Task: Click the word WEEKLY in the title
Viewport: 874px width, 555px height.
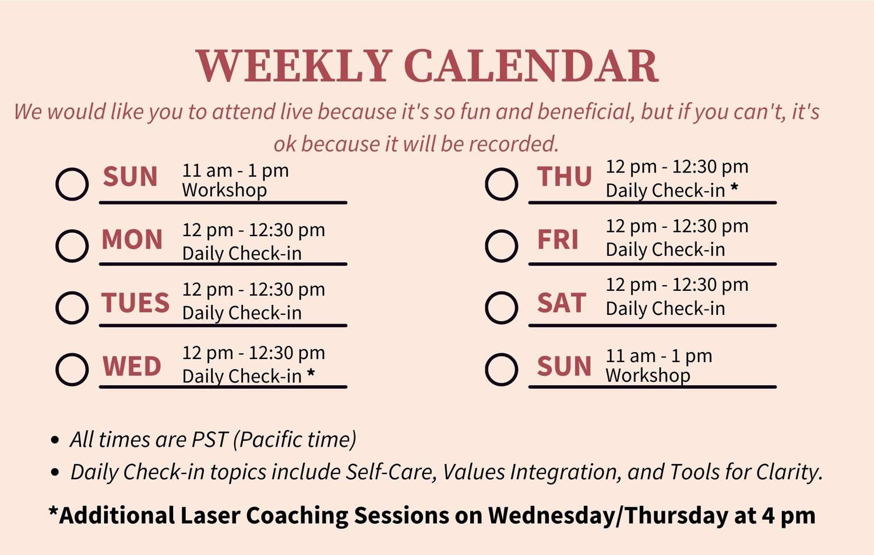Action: [294, 66]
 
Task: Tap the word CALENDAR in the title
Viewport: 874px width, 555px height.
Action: [531, 66]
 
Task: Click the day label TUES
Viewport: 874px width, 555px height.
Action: [135, 303]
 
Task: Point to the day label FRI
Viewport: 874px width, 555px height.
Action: [558, 239]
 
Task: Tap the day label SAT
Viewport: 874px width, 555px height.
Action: [562, 303]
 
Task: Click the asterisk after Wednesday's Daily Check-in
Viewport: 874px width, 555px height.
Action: [311, 373]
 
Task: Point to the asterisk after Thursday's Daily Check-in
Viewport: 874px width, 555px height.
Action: [734, 187]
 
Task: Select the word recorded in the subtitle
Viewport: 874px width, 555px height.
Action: [514, 143]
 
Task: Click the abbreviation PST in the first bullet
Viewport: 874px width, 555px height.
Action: [210, 440]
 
